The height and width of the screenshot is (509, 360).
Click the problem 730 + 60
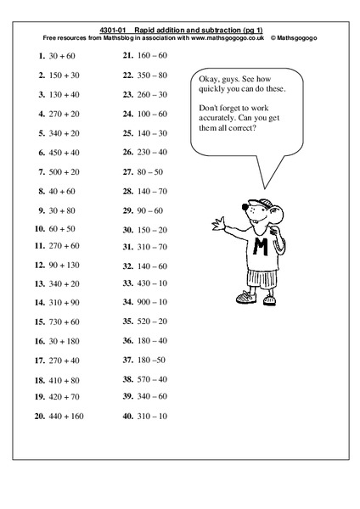click(59, 322)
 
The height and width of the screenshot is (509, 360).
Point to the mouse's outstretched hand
click(219, 225)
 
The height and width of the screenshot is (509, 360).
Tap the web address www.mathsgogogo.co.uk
click(222, 37)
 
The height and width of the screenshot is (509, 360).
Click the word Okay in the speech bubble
click(211, 74)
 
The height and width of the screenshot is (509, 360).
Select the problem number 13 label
click(39, 283)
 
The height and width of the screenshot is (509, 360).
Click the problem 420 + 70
click(59, 396)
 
